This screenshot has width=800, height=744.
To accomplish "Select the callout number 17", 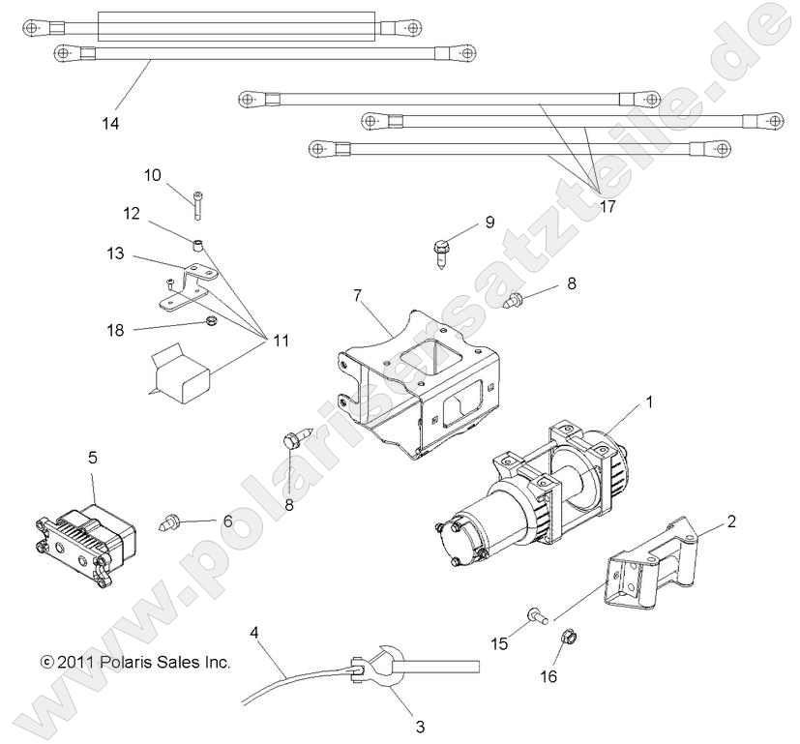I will coord(607,205).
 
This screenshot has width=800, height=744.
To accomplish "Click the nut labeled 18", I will coord(208,322).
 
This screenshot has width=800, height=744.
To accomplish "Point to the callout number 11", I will coord(280,341).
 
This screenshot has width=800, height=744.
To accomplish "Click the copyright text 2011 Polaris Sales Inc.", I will coord(135,663).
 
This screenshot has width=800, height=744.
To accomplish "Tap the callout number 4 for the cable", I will coord(254,635).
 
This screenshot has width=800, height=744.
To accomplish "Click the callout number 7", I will coord(357,292).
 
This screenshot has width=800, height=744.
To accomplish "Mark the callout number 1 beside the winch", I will coord(649,402).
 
